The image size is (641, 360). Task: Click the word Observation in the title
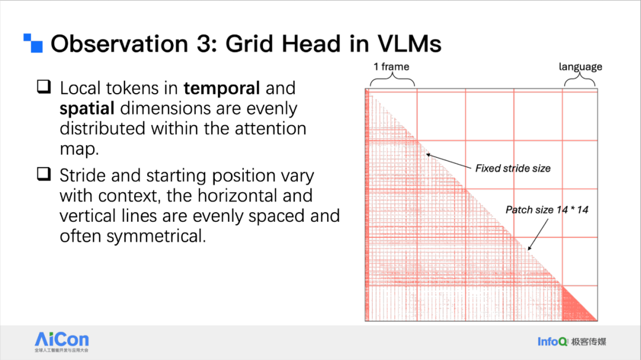tap(119, 44)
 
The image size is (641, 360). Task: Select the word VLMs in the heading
tap(409, 44)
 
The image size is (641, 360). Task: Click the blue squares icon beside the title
tap(33, 43)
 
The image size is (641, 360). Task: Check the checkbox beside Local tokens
tap(44, 87)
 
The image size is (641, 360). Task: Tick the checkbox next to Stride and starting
tap(44, 174)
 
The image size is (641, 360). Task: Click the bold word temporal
tap(221, 88)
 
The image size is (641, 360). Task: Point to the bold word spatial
tap(87, 109)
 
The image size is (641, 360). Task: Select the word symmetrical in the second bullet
tap(156, 236)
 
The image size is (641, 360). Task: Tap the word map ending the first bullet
tap(80, 149)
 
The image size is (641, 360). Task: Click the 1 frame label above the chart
tap(391, 66)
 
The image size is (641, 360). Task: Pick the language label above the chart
tap(580, 66)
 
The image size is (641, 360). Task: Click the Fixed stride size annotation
tap(513, 168)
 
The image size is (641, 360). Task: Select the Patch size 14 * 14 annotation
tap(547, 210)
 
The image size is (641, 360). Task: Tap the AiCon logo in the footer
tap(61, 342)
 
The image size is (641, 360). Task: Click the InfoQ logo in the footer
tap(572, 342)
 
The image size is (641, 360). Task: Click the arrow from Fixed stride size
tap(449, 161)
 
